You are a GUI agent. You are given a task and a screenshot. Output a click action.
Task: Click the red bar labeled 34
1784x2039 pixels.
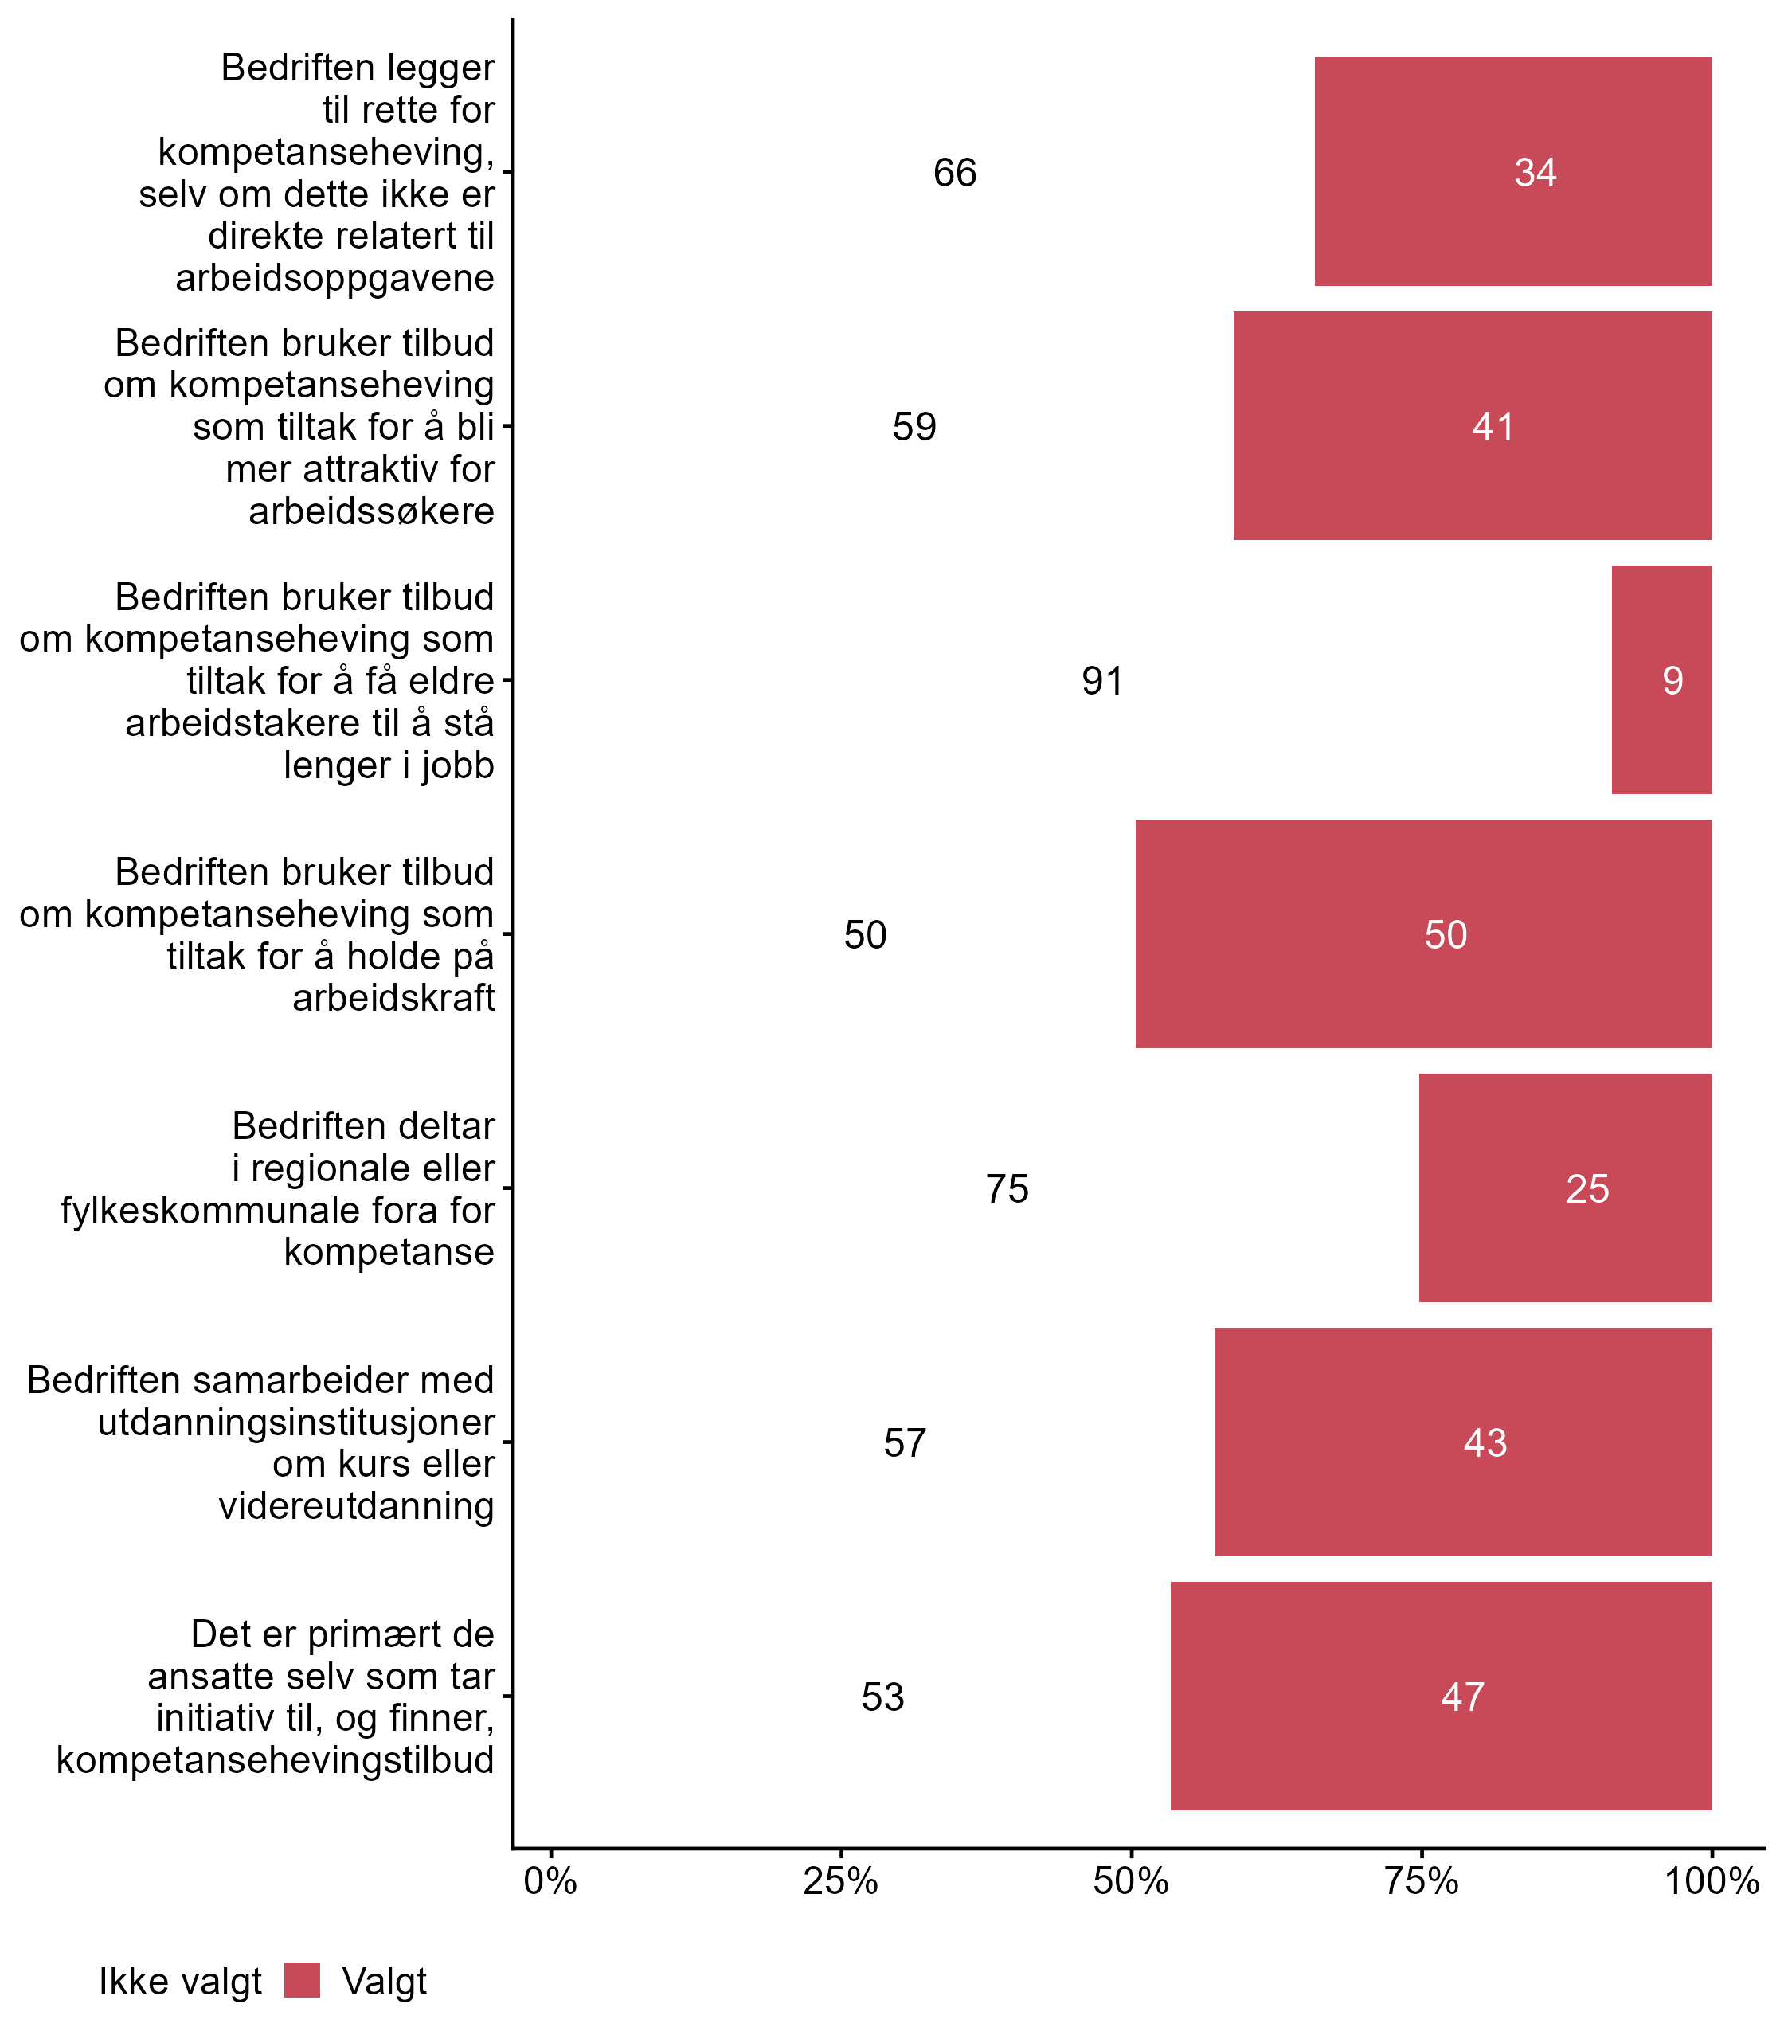tap(1512, 171)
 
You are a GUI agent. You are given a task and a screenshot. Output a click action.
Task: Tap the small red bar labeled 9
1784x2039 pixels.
tap(1661, 680)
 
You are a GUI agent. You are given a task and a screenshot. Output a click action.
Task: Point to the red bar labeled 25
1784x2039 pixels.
tap(1564, 1188)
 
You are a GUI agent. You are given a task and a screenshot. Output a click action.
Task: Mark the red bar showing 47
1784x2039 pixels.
tap(1441, 1696)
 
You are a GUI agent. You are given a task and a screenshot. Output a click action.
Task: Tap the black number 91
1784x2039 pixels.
tap(1102, 681)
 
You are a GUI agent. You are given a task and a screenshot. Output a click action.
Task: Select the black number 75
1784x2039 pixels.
tap(1007, 1188)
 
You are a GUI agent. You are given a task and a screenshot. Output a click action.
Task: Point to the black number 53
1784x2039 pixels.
tap(882, 1697)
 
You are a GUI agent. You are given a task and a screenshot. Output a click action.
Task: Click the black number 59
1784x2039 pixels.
tap(914, 427)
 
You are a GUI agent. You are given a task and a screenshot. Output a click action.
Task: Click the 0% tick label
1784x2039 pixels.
tap(550, 1880)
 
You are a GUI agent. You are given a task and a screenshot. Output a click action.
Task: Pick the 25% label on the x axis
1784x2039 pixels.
tap(840, 1880)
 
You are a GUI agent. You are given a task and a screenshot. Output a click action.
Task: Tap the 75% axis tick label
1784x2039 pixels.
tap(1421, 1880)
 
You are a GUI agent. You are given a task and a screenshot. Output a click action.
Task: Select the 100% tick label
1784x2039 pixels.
tap(1712, 1880)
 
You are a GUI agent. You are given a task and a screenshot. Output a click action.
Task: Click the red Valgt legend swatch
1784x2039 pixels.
tap(302, 1980)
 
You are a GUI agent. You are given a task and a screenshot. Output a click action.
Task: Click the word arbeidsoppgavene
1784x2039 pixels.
tap(334, 278)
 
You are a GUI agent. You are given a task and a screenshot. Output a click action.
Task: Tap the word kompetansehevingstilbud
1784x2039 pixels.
tap(275, 1759)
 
